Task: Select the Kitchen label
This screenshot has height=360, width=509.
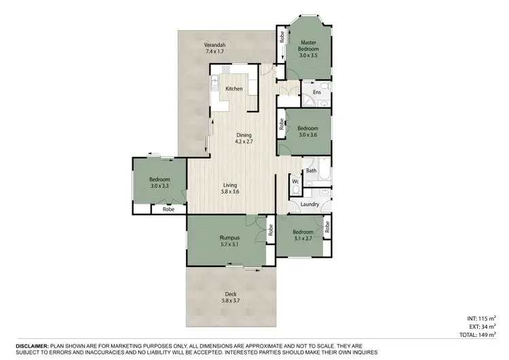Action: (x=234, y=89)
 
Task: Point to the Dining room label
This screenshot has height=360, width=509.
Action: (x=244, y=134)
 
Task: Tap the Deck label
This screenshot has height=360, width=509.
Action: (x=231, y=293)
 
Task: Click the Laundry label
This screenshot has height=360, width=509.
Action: (x=309, y=203)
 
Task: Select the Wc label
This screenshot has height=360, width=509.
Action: (x=296, y=182)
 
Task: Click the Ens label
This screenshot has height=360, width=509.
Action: (x=317, y=91)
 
